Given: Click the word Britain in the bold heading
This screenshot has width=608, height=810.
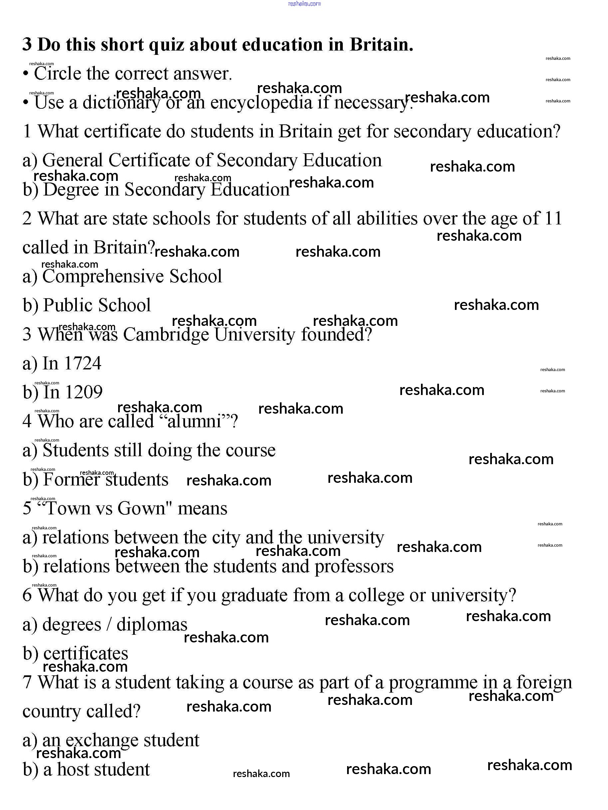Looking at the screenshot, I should [381, 45].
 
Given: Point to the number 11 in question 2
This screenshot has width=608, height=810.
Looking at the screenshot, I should [553, 218].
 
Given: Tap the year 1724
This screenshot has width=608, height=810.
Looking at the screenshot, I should [83, 364].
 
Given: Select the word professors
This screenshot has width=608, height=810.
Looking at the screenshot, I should [354, 567].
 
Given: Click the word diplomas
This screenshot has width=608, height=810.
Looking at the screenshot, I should [152, 625].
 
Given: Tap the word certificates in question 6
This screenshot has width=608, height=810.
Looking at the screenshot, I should [86, 654].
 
